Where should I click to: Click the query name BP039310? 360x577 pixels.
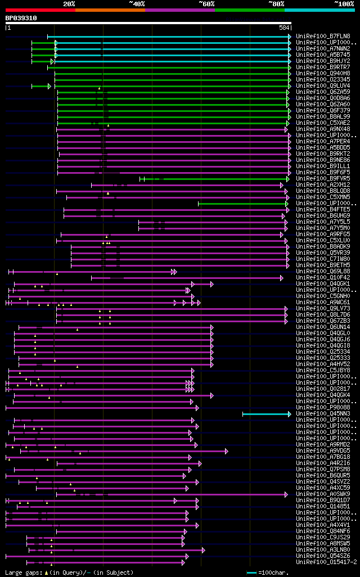pyautogui.click(x=21, y=18)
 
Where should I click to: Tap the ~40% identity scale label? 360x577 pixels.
pyautogui.click(x=137, y=4)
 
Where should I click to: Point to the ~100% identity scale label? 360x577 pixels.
pyautogui.click(x=344, y=4)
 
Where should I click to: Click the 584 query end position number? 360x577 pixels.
pyautogui.click(x=284, y=28)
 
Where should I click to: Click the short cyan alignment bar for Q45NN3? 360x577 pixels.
pyautogui.click(x=265, y=414)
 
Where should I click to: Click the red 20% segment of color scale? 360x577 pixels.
pyautogui.click(x=40, y=10)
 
